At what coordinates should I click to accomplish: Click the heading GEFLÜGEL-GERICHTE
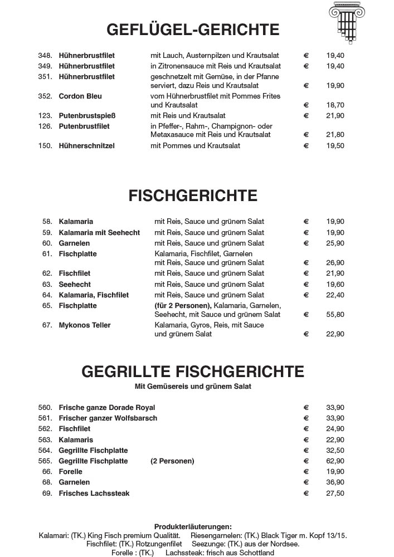tap(193, 30)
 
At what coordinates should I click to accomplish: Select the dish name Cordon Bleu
tap(80, 96)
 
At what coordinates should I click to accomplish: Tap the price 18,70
tap(335, 105)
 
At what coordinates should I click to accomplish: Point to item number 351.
tap(45, 77)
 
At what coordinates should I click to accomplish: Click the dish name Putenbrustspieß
tap(87, 115)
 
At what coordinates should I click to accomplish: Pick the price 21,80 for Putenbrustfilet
tap(335, 135)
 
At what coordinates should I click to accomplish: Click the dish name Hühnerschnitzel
tap(86, 145)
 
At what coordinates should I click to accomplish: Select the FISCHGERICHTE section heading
tap(193, 196)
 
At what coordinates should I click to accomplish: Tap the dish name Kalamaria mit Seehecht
tap(99, 232)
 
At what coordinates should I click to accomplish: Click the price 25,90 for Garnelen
tap(335, 243)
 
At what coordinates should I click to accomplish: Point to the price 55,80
tap(335, 315)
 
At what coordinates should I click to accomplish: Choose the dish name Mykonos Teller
tap(85, 325)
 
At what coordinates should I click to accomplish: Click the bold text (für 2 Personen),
tap(183, 306)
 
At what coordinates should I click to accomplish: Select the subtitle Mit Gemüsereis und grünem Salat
tap(193, 387)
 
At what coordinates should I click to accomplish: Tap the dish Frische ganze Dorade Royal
tap(107, 408)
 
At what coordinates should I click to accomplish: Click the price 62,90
tap(335, 461)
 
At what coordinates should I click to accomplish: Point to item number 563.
tap(45, 439)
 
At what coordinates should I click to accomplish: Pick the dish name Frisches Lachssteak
tap(94, 493)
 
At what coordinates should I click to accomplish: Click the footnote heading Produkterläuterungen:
tap(193, 526)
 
